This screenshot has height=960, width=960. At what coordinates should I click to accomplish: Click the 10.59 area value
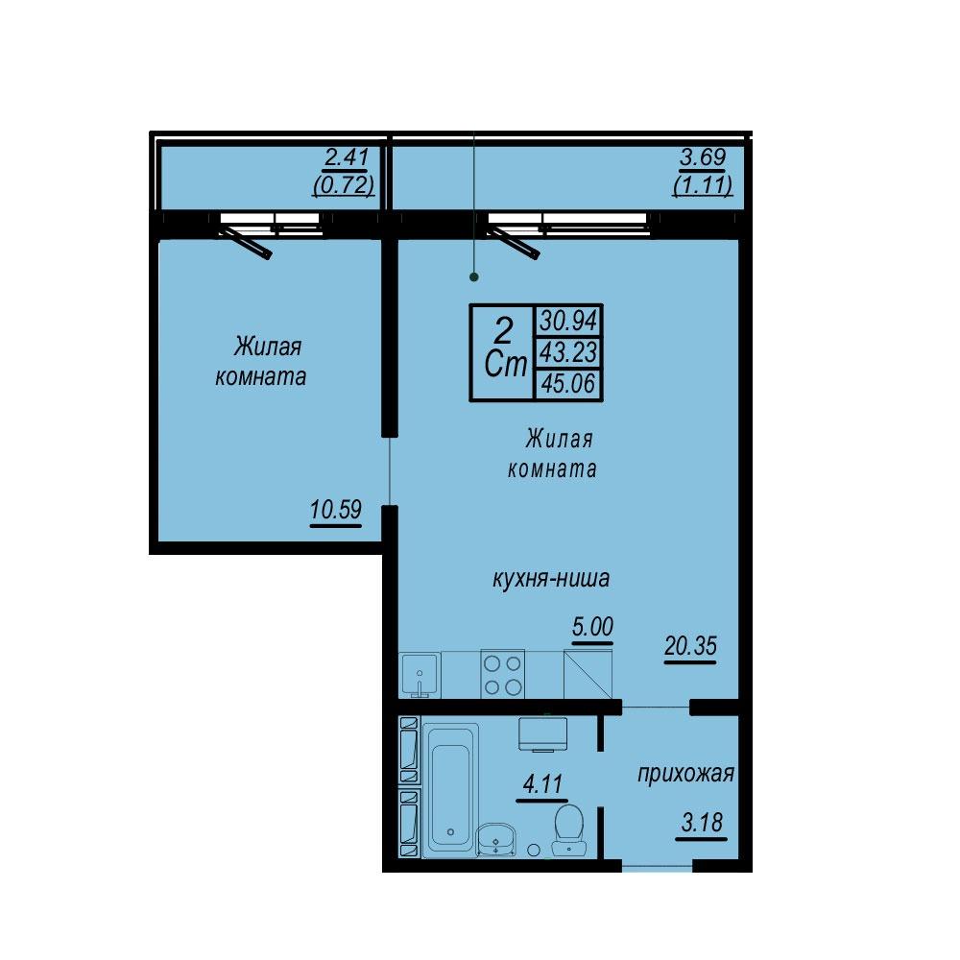click(335, 510)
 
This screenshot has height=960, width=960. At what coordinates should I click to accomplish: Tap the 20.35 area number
click(690, 645)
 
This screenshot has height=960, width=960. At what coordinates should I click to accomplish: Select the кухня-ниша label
click(551, 579)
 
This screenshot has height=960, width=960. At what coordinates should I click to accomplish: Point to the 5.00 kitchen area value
click(592, 626)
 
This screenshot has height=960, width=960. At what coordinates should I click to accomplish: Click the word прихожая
click(685, 775)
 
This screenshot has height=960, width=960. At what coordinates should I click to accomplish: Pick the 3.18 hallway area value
click(702, 823)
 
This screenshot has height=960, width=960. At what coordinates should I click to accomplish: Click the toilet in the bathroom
click(568, 829)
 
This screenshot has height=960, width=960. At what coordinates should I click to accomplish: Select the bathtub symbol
click(450, 790)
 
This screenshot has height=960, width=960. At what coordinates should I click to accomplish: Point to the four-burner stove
click(503, 674)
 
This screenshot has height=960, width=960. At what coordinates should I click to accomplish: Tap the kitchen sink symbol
click(420, 675)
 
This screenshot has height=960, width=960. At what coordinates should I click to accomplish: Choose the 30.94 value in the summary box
click(568, 321)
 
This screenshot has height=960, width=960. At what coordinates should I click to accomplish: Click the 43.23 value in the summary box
click(568, 352)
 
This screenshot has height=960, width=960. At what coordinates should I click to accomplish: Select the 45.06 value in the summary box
click(568, 384)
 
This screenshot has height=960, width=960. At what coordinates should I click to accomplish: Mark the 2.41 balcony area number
click(346, 157)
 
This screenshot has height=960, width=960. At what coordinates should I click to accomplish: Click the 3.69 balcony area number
click(703, 157)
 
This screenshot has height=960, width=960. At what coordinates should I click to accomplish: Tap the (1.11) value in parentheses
click(703, 184)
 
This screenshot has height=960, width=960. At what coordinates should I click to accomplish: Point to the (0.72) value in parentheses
click(344, 184)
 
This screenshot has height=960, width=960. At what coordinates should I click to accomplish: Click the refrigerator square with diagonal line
click(588, 674)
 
